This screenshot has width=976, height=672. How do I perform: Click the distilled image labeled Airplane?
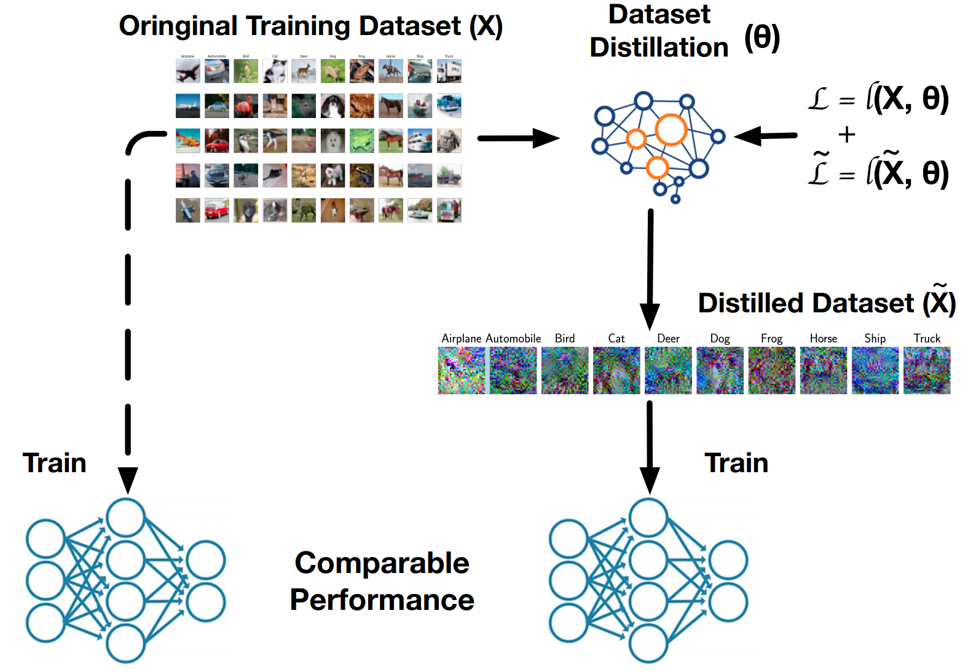[x=461, y=370]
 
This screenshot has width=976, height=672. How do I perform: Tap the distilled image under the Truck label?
[x=926, y=370]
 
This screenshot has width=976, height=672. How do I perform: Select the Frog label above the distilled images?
[x=771, y=339]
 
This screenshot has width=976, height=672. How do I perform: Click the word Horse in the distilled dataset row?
[x=823, y=339]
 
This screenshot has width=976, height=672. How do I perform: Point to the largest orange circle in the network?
[x=671, y=130]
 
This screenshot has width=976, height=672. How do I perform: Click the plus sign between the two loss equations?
[x=846, y=134]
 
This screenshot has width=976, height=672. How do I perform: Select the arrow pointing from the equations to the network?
[x=765, y=136]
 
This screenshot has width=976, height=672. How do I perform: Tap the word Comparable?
[x=382, y=563]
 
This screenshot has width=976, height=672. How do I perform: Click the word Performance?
[x=382, y=600]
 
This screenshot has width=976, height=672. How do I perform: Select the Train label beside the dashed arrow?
[x=54, y=463]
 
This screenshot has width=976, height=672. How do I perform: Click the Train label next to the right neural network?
[x=736, y=463]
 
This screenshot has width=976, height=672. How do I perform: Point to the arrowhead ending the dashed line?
[x=128, y=480]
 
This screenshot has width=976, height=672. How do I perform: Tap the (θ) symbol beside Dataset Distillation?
[x=762, y=38]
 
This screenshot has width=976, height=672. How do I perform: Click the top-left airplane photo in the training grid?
[x=187, y=71]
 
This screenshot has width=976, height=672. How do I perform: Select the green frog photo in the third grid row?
[x=361, y=141]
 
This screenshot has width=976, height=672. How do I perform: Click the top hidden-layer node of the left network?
[x=125, y=518]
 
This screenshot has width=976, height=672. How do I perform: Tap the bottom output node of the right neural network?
[x=728, y=602]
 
